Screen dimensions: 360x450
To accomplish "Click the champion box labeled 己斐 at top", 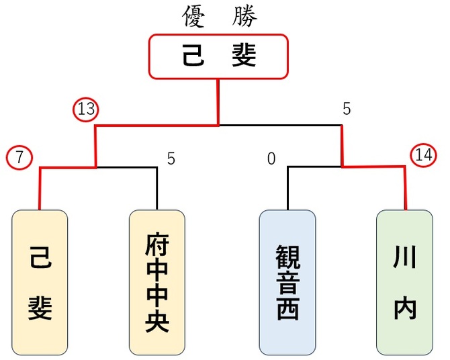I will click(x=218, y=56).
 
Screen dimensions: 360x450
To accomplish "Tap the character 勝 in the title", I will click(x=245, y=17).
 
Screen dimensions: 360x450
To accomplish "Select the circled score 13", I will click(x=86, y=109).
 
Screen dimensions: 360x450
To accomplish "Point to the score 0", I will click(x=271, y=159).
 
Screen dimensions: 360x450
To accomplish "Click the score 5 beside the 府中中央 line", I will click(x=171, y=159).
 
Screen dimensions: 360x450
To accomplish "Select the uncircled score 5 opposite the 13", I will click(x=347, y=109).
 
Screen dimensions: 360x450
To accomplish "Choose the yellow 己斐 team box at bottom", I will click(x=40, y=282).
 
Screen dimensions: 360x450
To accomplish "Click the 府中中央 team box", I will click(x=156, y=282).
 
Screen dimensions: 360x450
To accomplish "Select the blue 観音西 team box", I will click(x=287, y=282).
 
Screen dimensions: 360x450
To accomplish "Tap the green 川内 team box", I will click(x=404, y=282).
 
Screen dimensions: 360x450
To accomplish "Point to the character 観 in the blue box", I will click(x=287, y=255).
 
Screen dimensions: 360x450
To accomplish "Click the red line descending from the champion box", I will click(x=218, y=101).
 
